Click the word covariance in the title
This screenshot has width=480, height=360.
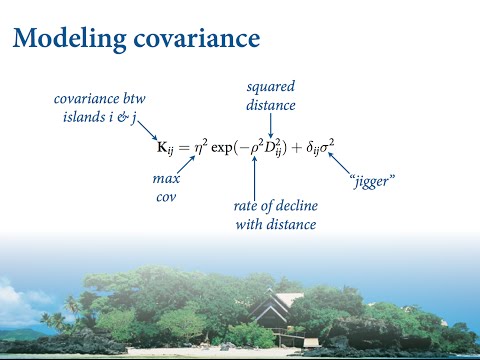pyautogui.click(x=197, y=40)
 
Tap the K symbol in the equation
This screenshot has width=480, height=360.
pyautogui.click(x=163, y=148)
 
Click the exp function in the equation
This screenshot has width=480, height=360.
pyautogui.click(x=231, y=148)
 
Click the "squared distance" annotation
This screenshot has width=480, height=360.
pyautogui.click(x=270, y=96)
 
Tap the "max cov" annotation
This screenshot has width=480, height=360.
pyautogui.click(x=165, y=188)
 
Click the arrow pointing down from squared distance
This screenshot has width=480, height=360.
pyautogui.click(x=271, y=123)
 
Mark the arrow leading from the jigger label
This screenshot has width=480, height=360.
pyautogui.click(x=340, y=163)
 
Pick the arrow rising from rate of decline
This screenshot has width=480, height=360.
pyautogui.click(x=255, y=178)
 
